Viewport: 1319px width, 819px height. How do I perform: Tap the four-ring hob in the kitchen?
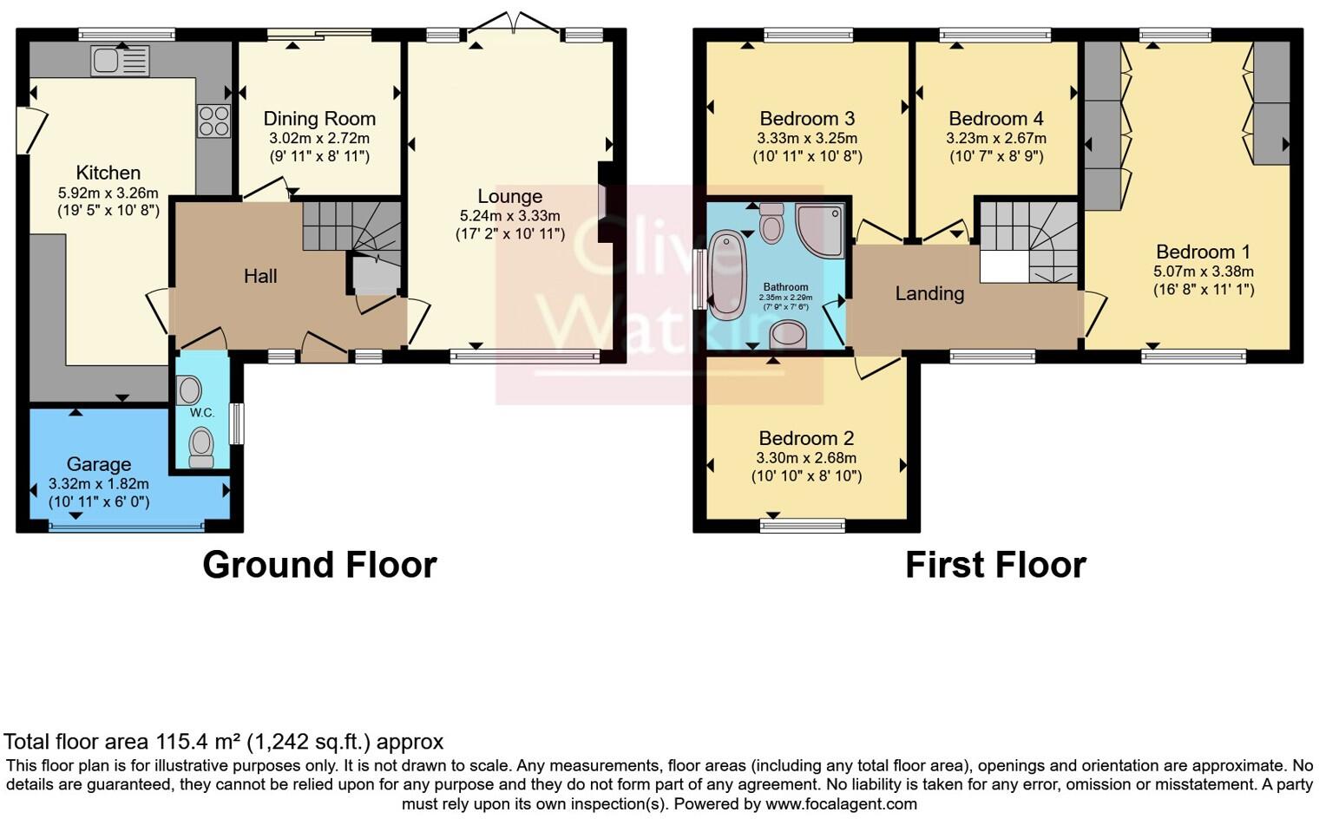(x=213, y=121)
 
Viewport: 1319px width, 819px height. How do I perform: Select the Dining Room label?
(x=319, y=119)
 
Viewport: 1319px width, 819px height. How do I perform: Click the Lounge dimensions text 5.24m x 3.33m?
(x=509, y=215)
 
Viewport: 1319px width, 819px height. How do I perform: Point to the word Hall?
(x=260, y=276)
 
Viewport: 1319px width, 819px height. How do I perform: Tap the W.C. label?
(x=202, y=412)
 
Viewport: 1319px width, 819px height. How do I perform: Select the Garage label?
(x=98, y=464)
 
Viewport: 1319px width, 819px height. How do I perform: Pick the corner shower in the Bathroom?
(x=820, y=229)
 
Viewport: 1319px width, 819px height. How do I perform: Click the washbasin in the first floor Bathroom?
(x=787, y=333)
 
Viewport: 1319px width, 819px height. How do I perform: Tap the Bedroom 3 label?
(x=807, y=119)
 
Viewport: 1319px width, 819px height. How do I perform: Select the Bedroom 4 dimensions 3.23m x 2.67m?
(x=995, y=138)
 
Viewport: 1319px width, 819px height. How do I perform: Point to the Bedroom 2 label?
(x=806, y=438)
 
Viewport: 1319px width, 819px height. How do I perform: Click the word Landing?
(x=929, y=293)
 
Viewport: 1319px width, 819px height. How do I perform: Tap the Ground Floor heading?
(x=319, y=565)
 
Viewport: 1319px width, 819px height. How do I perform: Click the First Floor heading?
(x=995, y=565)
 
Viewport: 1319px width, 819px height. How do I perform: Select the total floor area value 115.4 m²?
(x=198, y=742)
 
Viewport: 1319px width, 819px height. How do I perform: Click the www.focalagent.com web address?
(x=841, y=803)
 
